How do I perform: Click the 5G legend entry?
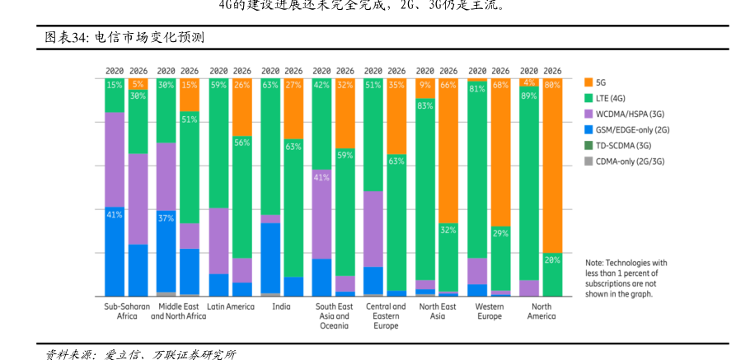pyautogui.click(x=600, y=82)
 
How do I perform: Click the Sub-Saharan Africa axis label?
pyautogui.click(x=127, y=311)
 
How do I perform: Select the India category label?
pyautogui.click(x=282, y=306)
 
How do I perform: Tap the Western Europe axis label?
pyautogui.click(x=490, y=311)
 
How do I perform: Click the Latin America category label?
pyautogui.click(x=231, y=306)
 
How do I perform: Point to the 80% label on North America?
pyautogui.click(x=552, y=85)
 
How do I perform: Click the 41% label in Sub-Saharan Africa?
pyautogui.click(x=115, y=214)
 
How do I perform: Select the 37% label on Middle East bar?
pyautogui.click(x=166, y=218)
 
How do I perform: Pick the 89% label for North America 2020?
pyautogui.click(x=529, y=96)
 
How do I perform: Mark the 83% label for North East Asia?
pyautogui.click(x=425, y=105)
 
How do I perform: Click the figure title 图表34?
pyautogui.click(x=124, y=38)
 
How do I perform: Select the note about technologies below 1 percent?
pyautogui.click(x=626, y=278)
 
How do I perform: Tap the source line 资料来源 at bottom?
pyautogui.click(x=140, y=353)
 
